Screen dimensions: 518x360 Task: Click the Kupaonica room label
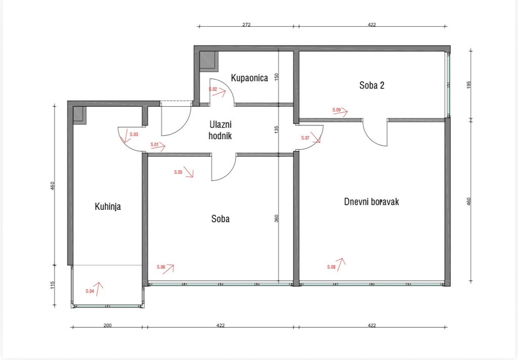(x=249, y=78)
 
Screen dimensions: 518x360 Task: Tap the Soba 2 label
(x=372, y=85)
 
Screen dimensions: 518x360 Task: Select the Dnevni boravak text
(x=371, y=201)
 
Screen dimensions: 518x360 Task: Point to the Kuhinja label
(x=108, y=207)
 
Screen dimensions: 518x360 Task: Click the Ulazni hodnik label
(x=220, y=130)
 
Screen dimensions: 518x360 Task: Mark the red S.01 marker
(x=155, y=145)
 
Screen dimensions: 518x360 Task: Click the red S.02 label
(x=213, y=89)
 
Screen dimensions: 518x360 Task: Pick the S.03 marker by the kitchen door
(x=134, y=134)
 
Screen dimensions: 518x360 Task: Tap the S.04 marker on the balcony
(x=90, y=291)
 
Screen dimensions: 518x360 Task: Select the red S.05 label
(x=178, y=172)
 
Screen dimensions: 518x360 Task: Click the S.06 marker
(x=161, y=267)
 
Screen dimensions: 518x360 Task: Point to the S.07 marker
(x=305, y=138)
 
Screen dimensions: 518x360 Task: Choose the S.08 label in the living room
(x=331, y=267)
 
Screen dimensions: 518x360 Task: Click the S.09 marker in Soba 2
(x=336, y=110)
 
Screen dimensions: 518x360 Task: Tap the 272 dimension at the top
(x=246, y=24)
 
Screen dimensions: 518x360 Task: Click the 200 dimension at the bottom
(x=107, y=325)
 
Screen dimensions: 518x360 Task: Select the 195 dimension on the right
(x=468, y=84)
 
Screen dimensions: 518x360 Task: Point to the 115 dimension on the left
(x=53, y=285)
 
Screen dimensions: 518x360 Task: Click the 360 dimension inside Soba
(x=277, y=218)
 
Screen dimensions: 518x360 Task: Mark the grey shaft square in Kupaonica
(x=209, y=61)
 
